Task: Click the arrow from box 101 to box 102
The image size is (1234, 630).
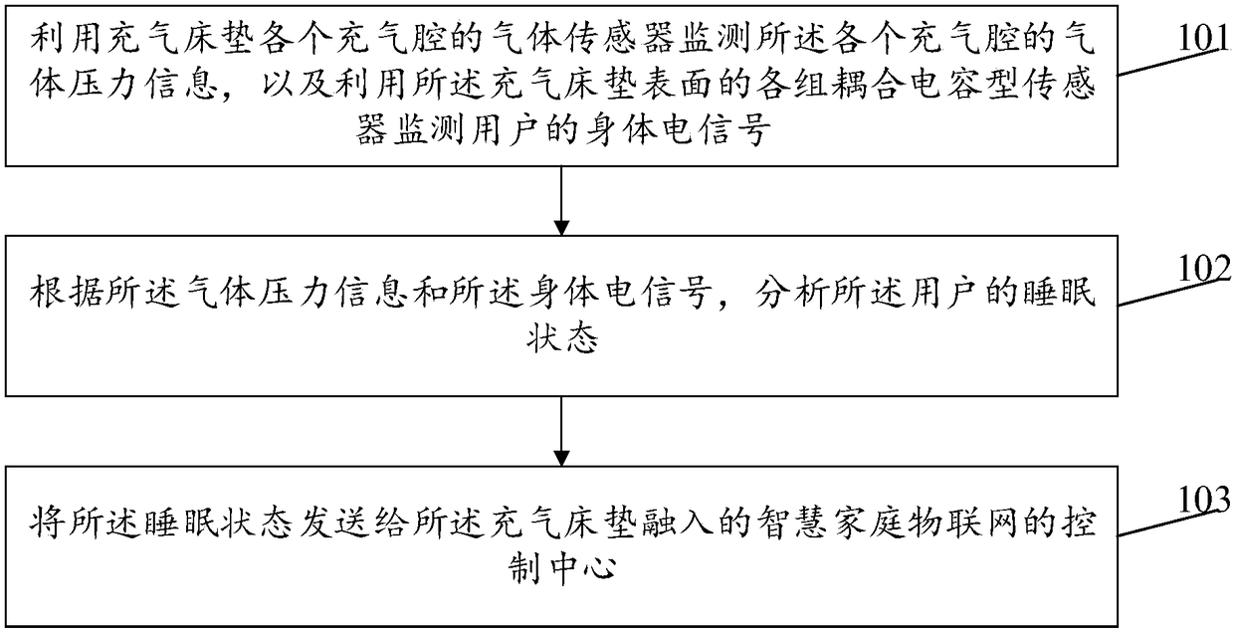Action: point(563,200)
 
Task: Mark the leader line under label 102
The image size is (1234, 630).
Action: point(1174,285)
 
